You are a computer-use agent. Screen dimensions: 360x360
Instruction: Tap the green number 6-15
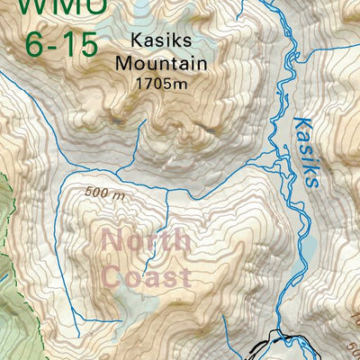(x=61, y=43)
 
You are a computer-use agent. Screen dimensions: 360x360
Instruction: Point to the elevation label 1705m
(x=161, y=84)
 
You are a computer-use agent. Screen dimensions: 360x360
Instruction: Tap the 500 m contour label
(x=106, y=192)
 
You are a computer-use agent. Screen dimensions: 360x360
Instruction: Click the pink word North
(x=146, y=241)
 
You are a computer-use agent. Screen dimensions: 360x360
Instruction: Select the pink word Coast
(x=146, y=275)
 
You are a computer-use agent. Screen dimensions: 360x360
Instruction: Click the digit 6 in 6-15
(x=36, y=43)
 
